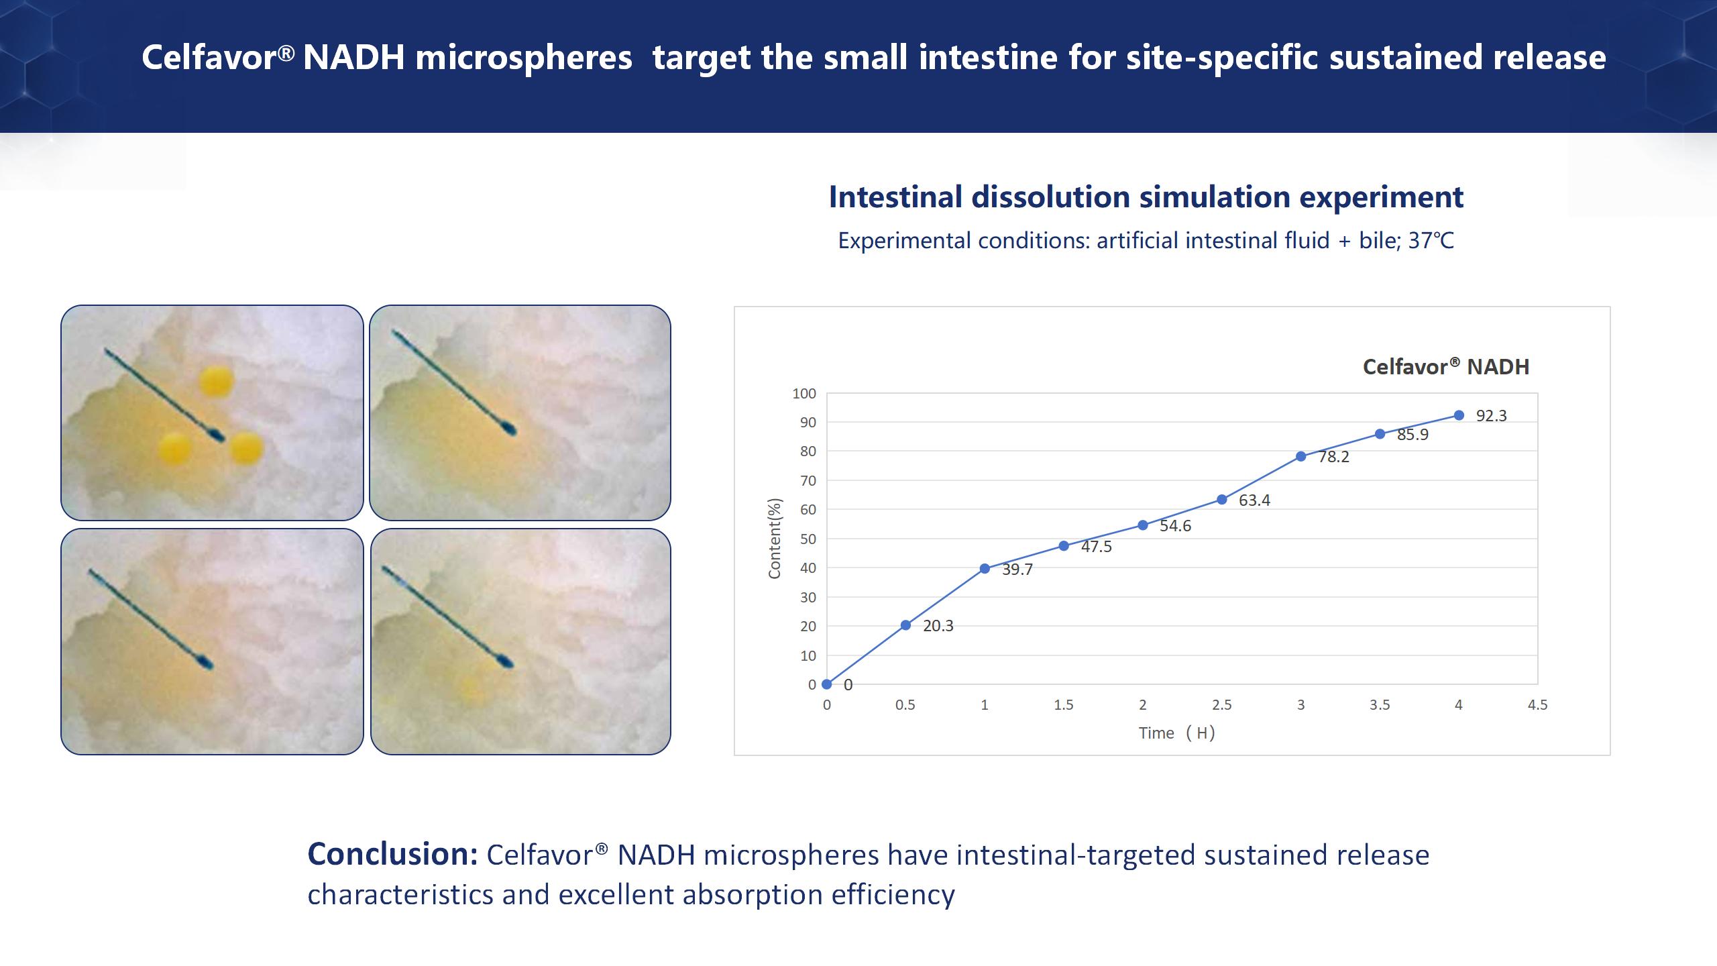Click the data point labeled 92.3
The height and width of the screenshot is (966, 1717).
coord(1459,415)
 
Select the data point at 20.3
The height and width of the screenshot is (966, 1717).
coord(905,625)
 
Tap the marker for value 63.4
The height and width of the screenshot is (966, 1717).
coord(1222,500)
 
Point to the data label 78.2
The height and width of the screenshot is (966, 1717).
coord(1334,457)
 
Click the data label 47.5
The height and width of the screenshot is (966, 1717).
coord(1097,547)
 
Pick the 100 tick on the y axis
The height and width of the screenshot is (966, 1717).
coord(804,394)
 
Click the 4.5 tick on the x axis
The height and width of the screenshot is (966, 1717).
coord(1538,705)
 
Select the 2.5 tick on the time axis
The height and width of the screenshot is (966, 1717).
coord(1222,705)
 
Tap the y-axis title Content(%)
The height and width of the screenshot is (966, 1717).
coord(775,539)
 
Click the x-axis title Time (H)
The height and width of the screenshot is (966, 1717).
coord(1177,733)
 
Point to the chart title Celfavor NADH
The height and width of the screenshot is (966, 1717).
coord(1446,366)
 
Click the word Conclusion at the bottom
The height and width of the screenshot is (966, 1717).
coord(392,855)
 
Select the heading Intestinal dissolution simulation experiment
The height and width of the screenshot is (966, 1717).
coord(1146,197)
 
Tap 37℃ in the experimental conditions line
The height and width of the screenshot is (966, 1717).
coord(1431,241)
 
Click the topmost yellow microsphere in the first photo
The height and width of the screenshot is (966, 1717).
coord(217,382)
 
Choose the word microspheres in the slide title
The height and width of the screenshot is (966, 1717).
coord(524,58)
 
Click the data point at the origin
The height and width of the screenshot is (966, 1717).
coord(827,684)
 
